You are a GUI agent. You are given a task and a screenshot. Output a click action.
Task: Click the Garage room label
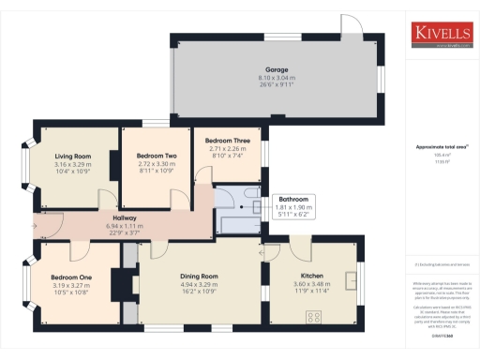click(x=277, y=69)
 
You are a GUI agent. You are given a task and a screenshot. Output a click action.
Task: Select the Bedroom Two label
click(x=157, y=155)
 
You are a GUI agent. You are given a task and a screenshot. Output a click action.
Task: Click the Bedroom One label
click(x=71, y=277)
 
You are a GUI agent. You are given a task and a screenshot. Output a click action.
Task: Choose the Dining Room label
click(x=198, y=277)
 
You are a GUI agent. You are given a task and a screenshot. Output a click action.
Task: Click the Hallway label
click(x=125, y=217)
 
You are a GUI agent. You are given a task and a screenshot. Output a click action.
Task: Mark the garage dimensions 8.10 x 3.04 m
click(x=277, y=78)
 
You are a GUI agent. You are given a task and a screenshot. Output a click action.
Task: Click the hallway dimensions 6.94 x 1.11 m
click(x=125, y=226)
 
